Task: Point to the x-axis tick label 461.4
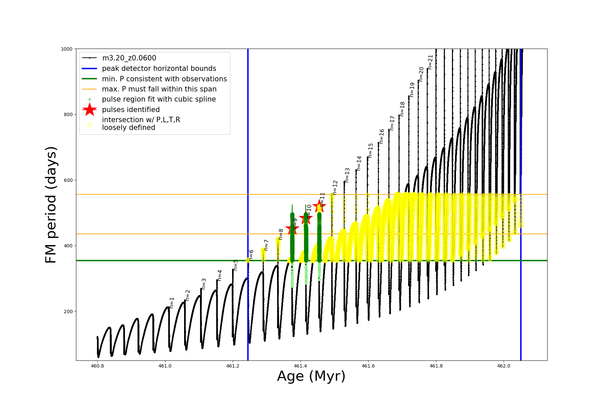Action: coord(300,366)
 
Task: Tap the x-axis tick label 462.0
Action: coord(504,366)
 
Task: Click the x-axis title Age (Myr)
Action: coord(311,376)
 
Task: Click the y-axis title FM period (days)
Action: coord(51,205)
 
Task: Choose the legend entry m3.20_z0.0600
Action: coord(129,58)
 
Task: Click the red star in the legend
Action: coord(90,109)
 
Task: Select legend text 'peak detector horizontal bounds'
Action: coord(159,69)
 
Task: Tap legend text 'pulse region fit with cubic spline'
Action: coord(159,99)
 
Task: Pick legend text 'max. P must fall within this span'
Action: coord(159,89)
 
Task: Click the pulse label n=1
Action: coord(172,303)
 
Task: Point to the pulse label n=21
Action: coord(430,62)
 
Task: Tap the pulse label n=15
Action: coord(371,151)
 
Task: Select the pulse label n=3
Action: coord(204,284)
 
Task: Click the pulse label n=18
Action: coord(402,109)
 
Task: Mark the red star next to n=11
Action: coord(319,206)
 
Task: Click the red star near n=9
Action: coord(292,229)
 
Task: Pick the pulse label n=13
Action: coord(347,175)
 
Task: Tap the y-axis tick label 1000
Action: coord(67,49)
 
